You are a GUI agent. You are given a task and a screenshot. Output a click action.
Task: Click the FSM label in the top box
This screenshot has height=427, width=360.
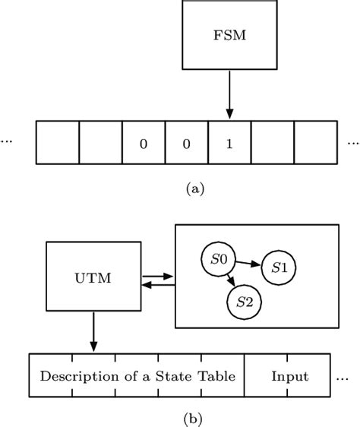[229, 35]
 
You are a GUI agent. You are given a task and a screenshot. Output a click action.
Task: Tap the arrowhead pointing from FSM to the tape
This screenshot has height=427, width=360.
[229, 114]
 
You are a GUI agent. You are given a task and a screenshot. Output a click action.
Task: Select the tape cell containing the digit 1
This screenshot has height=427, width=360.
[229, 142]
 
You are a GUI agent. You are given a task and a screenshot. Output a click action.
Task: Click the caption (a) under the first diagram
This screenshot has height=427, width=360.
[195, 189]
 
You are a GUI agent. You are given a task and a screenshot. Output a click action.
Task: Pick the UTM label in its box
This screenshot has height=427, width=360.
[93, 278]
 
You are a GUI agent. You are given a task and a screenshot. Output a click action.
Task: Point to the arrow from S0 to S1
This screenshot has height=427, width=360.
[248, 264]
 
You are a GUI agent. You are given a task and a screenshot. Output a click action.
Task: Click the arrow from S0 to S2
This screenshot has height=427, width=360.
[231, 280]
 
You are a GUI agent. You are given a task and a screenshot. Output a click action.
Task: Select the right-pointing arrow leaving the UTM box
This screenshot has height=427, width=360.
[158, 277]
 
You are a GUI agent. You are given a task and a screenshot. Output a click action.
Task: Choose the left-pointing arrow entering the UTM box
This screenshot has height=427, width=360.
[158, 285]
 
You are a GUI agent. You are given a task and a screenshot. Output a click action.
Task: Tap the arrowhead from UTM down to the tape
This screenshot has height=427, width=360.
[93, 346]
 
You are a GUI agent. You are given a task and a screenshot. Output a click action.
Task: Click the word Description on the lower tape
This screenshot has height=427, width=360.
[79, 377]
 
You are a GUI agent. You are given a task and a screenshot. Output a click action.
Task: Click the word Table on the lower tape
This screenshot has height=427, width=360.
[216, 376]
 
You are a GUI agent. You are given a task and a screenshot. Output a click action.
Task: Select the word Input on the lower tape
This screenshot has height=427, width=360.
[290, 377]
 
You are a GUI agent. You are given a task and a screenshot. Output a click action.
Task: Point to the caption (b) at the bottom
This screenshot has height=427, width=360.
[193, 419]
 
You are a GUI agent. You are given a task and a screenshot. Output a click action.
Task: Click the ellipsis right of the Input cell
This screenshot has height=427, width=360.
[343, 379]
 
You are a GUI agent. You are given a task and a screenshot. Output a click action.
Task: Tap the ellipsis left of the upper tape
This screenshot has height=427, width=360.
[6, 141]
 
